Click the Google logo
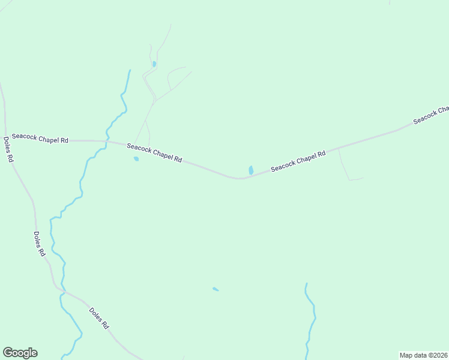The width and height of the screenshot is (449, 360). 20,353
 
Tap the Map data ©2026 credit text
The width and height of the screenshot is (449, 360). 423,355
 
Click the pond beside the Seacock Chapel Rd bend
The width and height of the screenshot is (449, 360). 251,170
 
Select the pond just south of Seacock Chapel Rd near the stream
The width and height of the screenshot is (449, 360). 136,159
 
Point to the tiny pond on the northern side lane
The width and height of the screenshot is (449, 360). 154,64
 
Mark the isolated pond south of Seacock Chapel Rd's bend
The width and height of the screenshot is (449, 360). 215,289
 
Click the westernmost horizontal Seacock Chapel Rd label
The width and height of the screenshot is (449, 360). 40,139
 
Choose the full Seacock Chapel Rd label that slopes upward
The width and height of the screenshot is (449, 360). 298,161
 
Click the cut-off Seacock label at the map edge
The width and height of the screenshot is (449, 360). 431,115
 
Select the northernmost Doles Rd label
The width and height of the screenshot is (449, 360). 8,150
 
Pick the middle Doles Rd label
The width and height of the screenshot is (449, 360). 40,244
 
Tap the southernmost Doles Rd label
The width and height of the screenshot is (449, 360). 98,318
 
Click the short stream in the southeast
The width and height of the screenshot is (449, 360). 310,318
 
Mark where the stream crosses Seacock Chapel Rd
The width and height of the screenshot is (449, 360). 106,142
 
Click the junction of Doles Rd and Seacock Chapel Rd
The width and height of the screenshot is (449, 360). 5,139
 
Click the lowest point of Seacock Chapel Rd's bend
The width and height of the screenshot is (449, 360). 240,178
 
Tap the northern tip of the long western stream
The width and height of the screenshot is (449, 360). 130,70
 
